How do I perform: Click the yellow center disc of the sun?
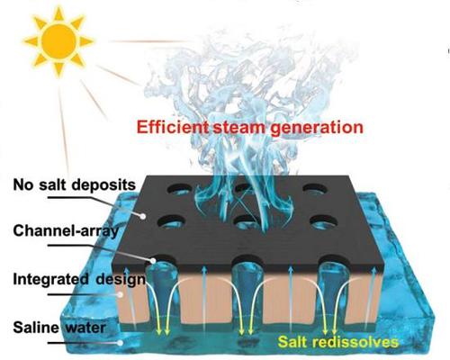click(58, 40)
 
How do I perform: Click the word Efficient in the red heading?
click(173, 127)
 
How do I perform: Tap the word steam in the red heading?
click(238, 128)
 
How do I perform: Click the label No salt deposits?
click(75, 184)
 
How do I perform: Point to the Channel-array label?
click(66, 231)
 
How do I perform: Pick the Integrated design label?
click(79, 279)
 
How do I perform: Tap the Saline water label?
click(59, 327)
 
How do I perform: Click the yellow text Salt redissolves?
click(338, 342)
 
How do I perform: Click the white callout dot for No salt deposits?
click(143, 216)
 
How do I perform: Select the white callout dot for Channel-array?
click(153, 260)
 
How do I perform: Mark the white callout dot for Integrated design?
click(120, 294)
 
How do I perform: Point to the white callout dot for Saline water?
click(121, 343)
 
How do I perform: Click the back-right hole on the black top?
click(314, 189)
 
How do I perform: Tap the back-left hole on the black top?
click(179, 189)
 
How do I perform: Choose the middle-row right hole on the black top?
click(323, 221)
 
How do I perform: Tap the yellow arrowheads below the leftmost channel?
click(163, 332)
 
